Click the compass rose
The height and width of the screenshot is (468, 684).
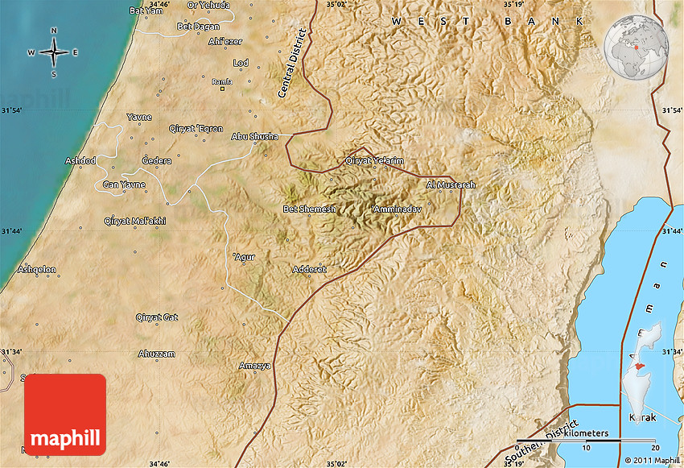click(54, 53)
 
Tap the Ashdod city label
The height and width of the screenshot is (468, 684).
click(80, 161)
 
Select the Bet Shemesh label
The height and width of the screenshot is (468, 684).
click(304, 209)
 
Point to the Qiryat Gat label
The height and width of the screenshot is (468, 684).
click(157, 317)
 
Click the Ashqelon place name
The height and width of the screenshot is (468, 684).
click(37, 269)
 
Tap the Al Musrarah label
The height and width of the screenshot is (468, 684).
click(451, 185)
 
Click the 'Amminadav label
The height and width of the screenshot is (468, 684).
click(395, 209)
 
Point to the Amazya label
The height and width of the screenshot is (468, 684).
click(255, 366)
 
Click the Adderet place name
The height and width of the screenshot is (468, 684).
click(310, 269)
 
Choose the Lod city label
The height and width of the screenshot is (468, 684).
click(241, 63)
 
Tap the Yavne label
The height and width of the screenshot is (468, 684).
click(139, 118)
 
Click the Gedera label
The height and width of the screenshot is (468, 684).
click(156, 161)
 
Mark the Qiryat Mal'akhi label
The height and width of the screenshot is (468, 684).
click(135, 221)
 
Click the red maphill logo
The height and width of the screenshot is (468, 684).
click(65, 414)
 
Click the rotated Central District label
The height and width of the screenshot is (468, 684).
click(293, 64)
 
